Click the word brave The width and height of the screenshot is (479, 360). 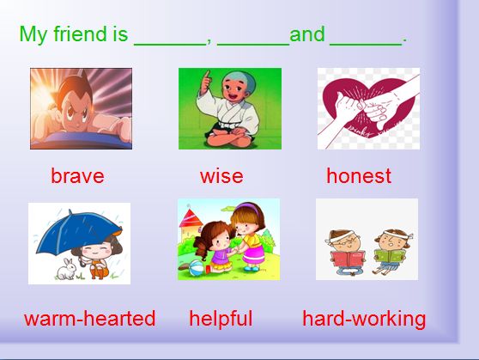coord(77,176)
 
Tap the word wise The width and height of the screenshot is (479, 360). coord(221,176)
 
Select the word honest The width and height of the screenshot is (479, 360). coord(359,176)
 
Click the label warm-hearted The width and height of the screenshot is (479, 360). coord(90,319)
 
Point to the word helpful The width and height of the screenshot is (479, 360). coord(221,319)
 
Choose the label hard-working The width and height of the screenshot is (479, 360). coord(364,319)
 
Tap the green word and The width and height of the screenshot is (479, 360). coord(306,34)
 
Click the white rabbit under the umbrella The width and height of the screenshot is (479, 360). coord(66,269)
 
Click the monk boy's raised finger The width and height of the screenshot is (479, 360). coord(208,76)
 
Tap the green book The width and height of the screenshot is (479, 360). coord(390,256)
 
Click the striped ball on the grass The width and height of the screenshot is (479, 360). coord(196,267)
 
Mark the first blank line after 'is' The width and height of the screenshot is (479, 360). coord(170,46)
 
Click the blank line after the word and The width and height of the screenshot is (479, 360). coord(366,46)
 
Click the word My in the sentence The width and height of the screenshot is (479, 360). coord(33,34)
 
